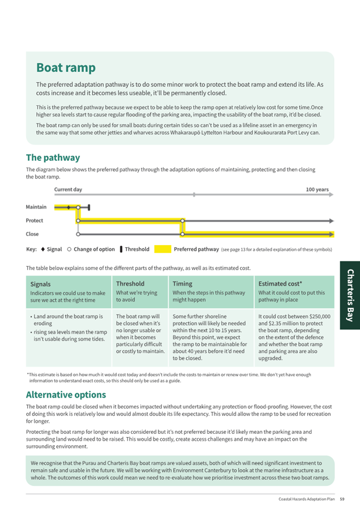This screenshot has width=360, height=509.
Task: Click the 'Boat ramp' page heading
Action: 66,68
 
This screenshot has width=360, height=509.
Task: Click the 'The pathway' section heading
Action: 53,158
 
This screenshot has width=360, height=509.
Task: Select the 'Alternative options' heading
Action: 66,395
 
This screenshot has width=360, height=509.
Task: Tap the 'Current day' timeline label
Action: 68,189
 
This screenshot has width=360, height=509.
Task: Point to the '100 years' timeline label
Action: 317,189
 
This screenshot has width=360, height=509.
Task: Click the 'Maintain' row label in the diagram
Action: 36,207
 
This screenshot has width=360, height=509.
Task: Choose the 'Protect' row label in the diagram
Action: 35,220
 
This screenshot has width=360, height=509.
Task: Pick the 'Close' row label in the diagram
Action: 32,234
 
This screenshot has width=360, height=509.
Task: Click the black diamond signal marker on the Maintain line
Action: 68,207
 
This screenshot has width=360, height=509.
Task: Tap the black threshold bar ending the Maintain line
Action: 90,207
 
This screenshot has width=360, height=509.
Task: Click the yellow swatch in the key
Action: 163,249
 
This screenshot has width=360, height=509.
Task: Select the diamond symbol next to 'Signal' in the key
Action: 42,249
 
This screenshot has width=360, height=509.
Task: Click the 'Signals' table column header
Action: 41,284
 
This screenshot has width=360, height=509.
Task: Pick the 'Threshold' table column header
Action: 130,284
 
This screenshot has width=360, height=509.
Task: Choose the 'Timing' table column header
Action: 182,284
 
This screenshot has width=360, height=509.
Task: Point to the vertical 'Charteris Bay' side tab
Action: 350,295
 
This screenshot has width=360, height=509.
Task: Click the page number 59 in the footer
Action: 342,499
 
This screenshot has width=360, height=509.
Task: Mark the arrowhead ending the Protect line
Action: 332,220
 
